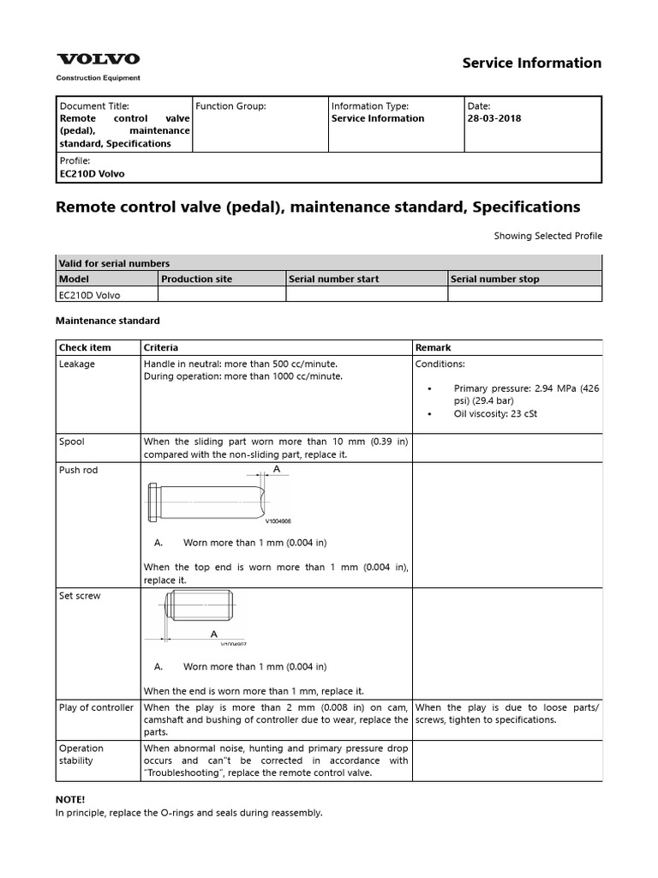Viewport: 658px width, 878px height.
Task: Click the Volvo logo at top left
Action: pos(98,59)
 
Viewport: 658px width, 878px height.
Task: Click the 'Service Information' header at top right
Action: pos(531,63)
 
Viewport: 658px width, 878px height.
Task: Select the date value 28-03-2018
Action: pos(493,118)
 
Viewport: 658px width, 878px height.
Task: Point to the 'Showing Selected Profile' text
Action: pos(547,236)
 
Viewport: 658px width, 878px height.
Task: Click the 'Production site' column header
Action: pos(196,279)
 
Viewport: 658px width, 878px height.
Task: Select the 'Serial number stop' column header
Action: pos(494,279)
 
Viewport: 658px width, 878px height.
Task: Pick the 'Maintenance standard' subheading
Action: pos(107,321)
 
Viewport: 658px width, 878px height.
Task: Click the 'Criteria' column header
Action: pos(161,348)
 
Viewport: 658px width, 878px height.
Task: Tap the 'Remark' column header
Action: pos(433,348)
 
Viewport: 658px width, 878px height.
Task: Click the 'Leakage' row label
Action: pos(77,364)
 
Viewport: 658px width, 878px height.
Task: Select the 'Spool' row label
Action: pos(71,442)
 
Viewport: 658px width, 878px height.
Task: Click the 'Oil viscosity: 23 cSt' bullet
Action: pos(495,414)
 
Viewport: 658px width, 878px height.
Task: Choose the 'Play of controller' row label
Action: pos(96,707)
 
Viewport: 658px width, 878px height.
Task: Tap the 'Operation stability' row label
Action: pos(81,755)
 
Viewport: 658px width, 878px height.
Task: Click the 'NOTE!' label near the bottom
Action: pos(70,799)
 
